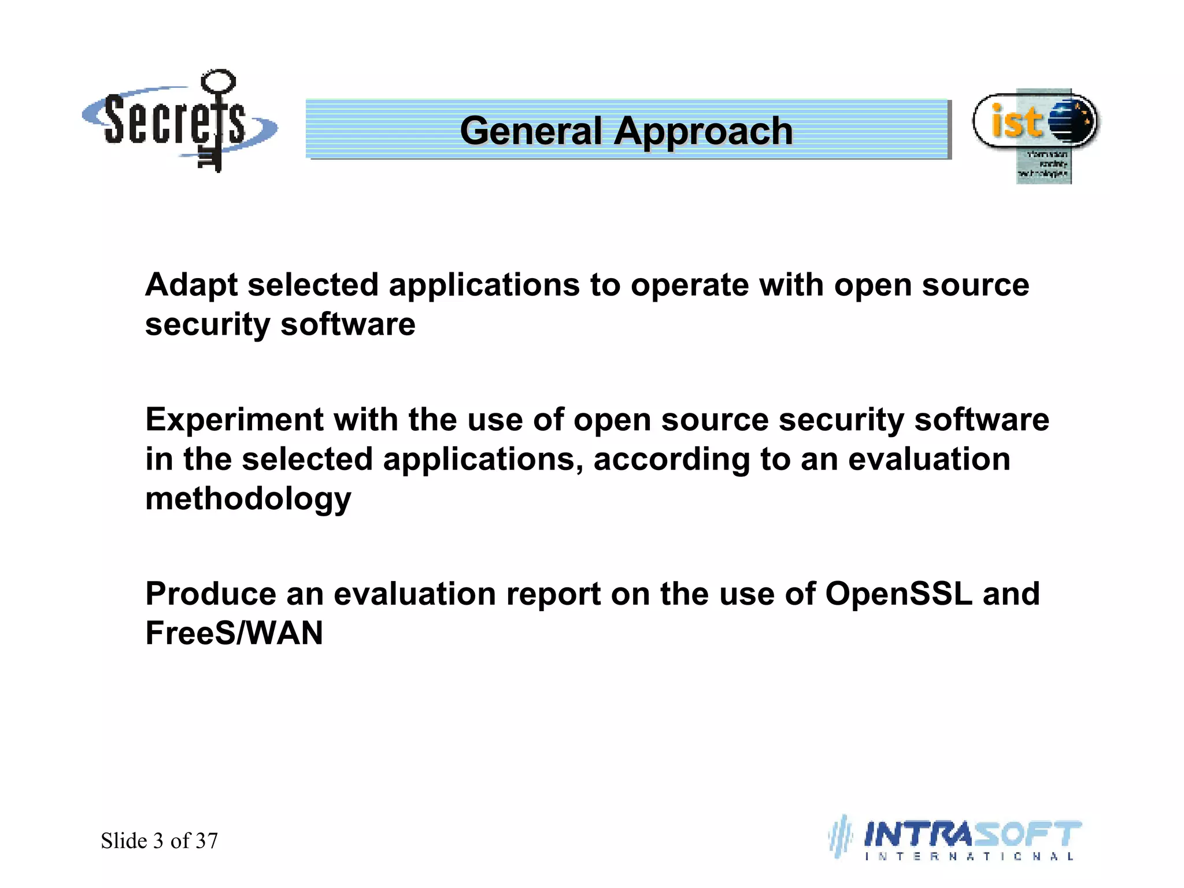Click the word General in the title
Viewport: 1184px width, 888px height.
tap(531, 131)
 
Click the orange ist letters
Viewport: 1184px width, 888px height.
tap(1016, 121)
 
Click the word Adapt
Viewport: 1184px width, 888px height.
tap(191, 286)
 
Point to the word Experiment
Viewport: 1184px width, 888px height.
tap(234, 420)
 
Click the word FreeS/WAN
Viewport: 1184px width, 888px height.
tap(234, 633)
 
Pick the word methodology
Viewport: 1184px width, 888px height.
tap(248, 499)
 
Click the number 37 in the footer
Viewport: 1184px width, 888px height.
tap(207, 841)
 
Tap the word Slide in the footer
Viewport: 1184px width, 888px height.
tap(124, 841)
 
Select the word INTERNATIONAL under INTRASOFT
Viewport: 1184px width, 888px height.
tap(969, 857)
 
